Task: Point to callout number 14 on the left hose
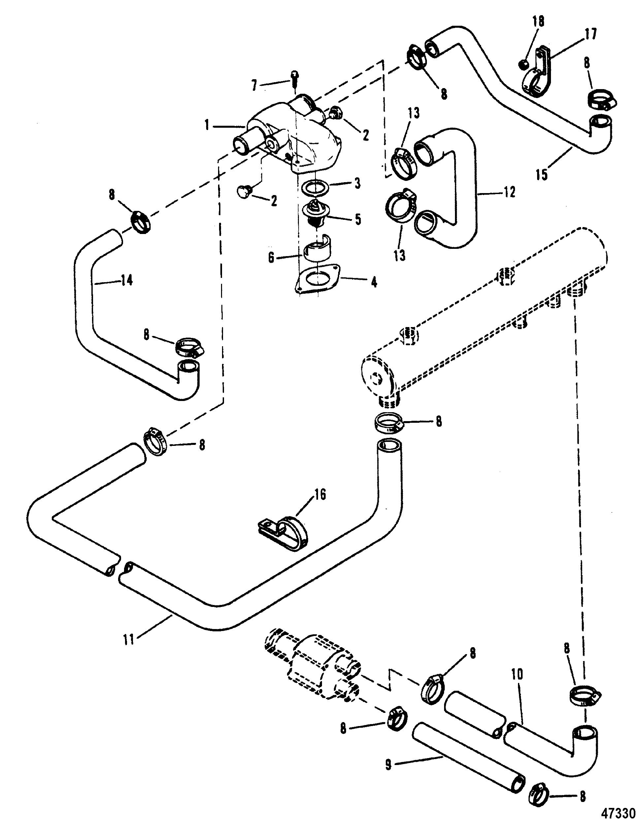(x=127, y=281)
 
